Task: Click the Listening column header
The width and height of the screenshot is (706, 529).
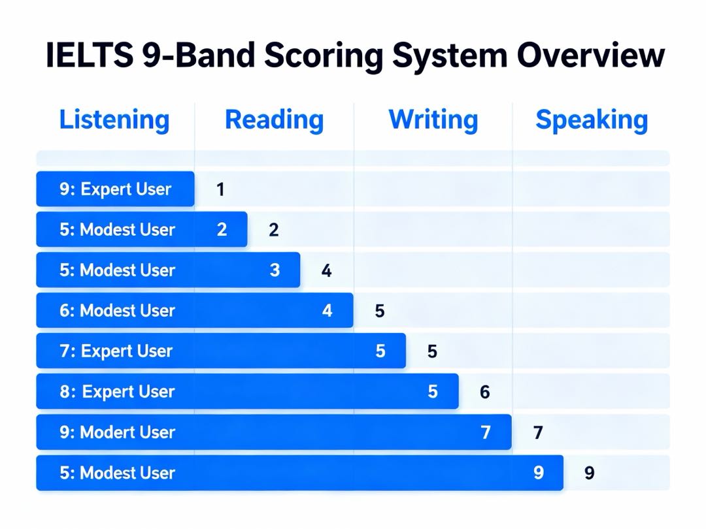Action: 114,120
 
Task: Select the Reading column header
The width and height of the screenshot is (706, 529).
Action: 274,120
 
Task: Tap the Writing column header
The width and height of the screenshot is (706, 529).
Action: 433,120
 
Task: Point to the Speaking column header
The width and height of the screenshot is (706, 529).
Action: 592,120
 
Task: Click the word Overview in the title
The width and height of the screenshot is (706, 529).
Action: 590,56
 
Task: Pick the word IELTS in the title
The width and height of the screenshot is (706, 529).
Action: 90,56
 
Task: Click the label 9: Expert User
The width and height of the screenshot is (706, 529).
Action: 115,189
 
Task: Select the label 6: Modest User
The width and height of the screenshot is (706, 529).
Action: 117,311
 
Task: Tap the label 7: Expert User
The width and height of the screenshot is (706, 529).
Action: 116,351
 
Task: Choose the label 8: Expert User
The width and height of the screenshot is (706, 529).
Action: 117,392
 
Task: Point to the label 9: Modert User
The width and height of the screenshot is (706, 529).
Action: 117,432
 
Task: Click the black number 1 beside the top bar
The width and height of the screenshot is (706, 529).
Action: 221,189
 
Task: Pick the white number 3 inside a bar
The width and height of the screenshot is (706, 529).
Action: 275,270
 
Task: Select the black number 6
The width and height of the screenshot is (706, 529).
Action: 484,392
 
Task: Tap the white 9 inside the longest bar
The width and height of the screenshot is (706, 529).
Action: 539,472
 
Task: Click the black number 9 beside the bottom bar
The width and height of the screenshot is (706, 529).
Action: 590,473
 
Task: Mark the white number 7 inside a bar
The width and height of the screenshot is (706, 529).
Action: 485,432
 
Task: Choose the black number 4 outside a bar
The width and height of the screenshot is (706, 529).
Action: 326,270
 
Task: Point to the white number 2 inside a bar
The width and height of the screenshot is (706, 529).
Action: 222,229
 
